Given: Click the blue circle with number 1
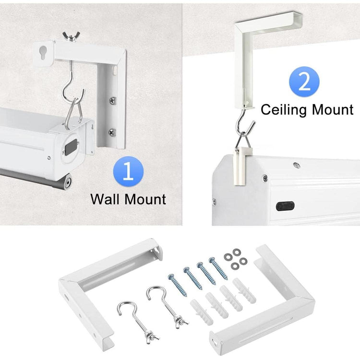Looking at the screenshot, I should [127, 172].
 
